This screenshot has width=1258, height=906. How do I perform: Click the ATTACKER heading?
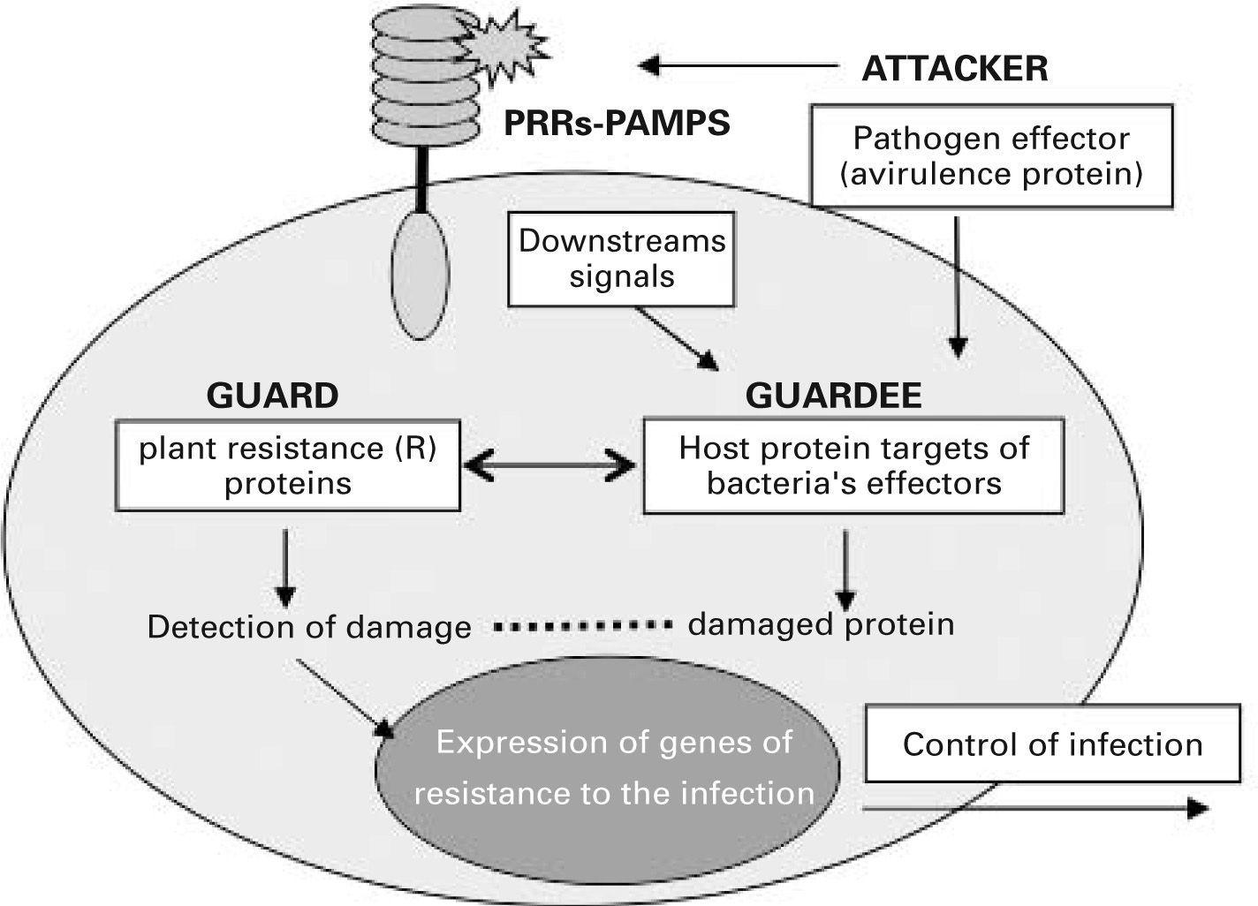pyautogui.click(x=954, y=68)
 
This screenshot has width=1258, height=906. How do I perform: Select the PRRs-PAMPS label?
pyautogui.click(x=617, y=123)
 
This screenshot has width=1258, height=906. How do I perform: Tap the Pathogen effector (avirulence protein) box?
pyautogui.click(x=991, y=155)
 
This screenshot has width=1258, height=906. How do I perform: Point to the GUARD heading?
pyautogui.click(x=272, y=395)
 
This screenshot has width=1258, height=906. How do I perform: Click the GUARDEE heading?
pyautogui.click(x=833, y=395)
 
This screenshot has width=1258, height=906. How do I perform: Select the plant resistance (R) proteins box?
pyautogui.click(x=288, y=465)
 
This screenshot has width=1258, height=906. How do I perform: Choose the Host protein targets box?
pyautogui.click(x=853, y=465)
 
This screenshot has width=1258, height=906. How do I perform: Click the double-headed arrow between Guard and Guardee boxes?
pyautogui.click(x=550, y=466)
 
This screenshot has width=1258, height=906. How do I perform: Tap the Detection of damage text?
pyautogui.click(x=308, y=627)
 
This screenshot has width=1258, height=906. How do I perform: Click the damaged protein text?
pyautogui.click(x=821, y=624)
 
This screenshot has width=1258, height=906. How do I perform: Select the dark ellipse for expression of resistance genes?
pyautogui.click(x=610, y=768)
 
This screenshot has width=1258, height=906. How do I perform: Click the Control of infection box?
pyautogui.click(x=1052, y=744)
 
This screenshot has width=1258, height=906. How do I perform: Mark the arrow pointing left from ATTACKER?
pyautogui.click(x=738, y=65)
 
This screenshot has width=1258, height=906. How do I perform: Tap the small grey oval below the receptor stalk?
pyautogui.click(x=421, y=274)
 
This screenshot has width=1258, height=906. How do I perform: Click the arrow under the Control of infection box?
pyautogui.click(x=1034, y=807)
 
